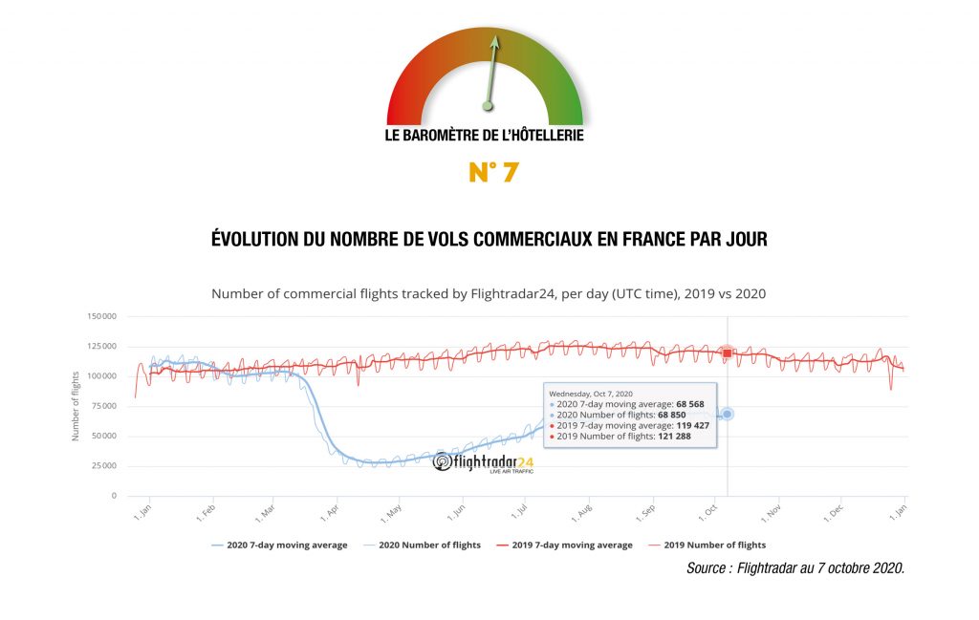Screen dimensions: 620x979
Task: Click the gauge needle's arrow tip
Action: (494, 39)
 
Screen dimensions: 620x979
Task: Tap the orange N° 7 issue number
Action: (493, 172)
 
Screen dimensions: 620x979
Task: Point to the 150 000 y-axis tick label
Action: (100, 316)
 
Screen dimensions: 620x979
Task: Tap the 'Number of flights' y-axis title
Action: (76, 406)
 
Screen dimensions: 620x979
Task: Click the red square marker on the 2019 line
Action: (727, 353)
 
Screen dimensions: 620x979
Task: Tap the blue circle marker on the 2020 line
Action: (727, 414)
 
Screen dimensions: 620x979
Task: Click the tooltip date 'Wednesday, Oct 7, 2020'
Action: (590, 392)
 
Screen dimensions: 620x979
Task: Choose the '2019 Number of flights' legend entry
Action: (714, 545)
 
